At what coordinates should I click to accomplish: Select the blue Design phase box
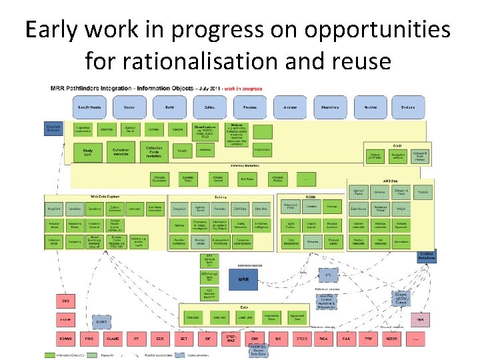pos(130,106)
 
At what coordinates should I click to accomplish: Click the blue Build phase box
pos(171,106)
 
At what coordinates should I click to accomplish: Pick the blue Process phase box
pos(250,106)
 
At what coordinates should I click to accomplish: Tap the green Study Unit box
pos(88,153)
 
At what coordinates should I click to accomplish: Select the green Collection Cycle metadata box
pos(154,152)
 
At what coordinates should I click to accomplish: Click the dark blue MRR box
pos(243,279)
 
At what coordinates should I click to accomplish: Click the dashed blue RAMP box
pos(102,323)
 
